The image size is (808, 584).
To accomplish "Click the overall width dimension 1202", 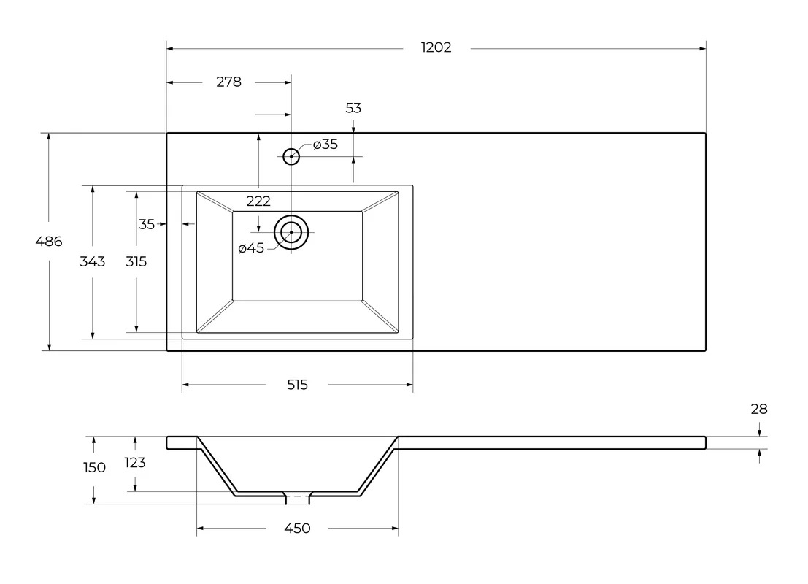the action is click(436, 47).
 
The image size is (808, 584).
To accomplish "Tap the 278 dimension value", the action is click(228, 82).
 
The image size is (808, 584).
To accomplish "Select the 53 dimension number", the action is click(353, 108).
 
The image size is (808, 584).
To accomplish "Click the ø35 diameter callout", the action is click(325, 145).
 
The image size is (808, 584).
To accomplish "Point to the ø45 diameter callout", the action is click(251, 248).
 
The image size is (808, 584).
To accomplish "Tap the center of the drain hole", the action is click(291, 232).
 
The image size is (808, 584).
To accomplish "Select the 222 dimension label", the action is click(258, 201).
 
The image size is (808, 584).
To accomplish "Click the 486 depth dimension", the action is click(49, 241).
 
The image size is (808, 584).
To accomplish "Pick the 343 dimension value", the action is click(93, 262).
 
